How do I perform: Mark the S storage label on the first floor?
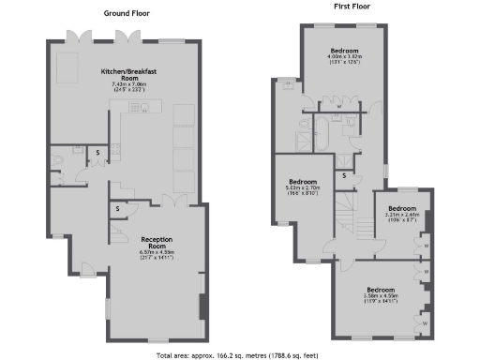pyautogui.click(x=344, y=175)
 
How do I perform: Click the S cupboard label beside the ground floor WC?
pyautogui.click(x=97, y=150)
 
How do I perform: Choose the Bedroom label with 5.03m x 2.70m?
pyautogui.click(x=302, y=181)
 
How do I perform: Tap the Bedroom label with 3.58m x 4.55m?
pyautogui.click(x=380, y=289)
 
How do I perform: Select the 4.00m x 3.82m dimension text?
pyautogui.click(x=343, y=57)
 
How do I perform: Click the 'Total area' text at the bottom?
pyautogui.click(x=240, y=354)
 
